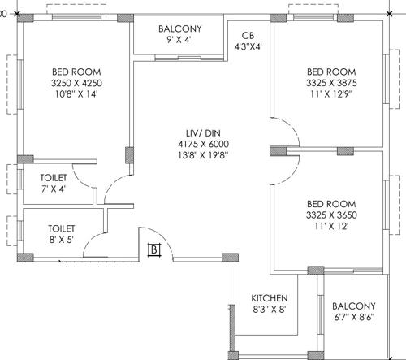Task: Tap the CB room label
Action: (x=248, y=36)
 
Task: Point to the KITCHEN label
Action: (x=269, y=297)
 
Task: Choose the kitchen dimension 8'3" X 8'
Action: (x=269, y=310)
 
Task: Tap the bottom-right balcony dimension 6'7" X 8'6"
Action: (x=355, y=318)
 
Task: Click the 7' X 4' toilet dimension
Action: (x=53, y=189)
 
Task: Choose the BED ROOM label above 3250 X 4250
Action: (x=71, y=71)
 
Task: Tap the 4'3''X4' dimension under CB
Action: (x=248, y=47)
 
